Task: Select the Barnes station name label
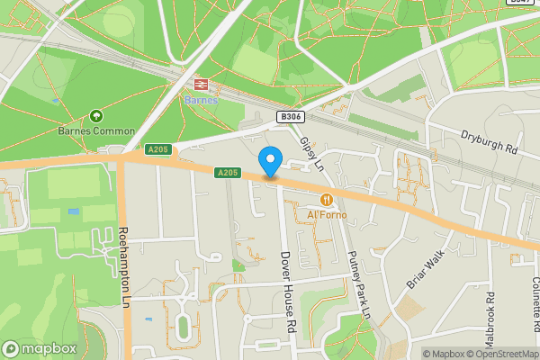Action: click(x=201, y=100)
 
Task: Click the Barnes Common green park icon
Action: click(x=96, y=116)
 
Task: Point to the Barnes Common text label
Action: click(x=97, y=131)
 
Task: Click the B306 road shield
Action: click(x=290, y=117)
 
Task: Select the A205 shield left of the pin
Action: click(x=228, y=172)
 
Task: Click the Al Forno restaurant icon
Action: click(x=326, y=200)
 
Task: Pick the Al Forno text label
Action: click(x=326, y=215)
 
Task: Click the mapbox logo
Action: click(x=39, y=348)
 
